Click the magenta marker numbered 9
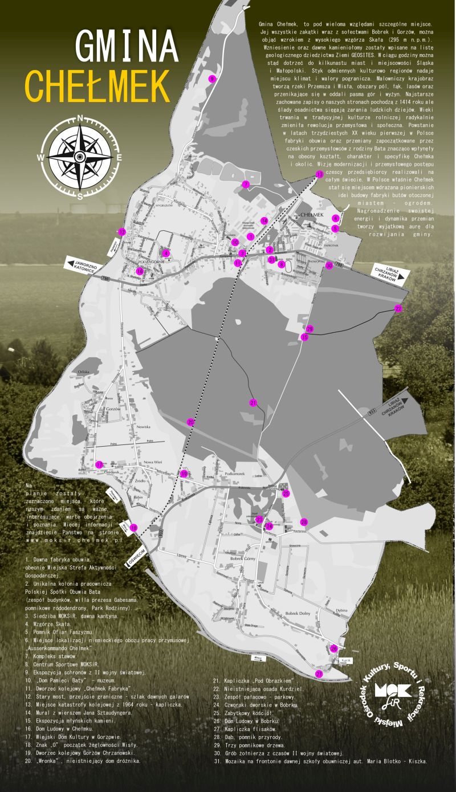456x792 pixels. point(211,79)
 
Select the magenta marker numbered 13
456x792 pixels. point(319,174)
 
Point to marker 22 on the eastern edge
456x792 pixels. point(398,308)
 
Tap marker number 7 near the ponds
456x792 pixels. point(246,184)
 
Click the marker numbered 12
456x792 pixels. point(121,232)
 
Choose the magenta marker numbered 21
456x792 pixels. point(253,402)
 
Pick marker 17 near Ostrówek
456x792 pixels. point(99,465)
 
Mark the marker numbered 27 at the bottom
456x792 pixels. point(319,673)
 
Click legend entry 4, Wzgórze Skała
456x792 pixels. point(49,624)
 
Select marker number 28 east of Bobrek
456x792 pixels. point(304,522)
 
